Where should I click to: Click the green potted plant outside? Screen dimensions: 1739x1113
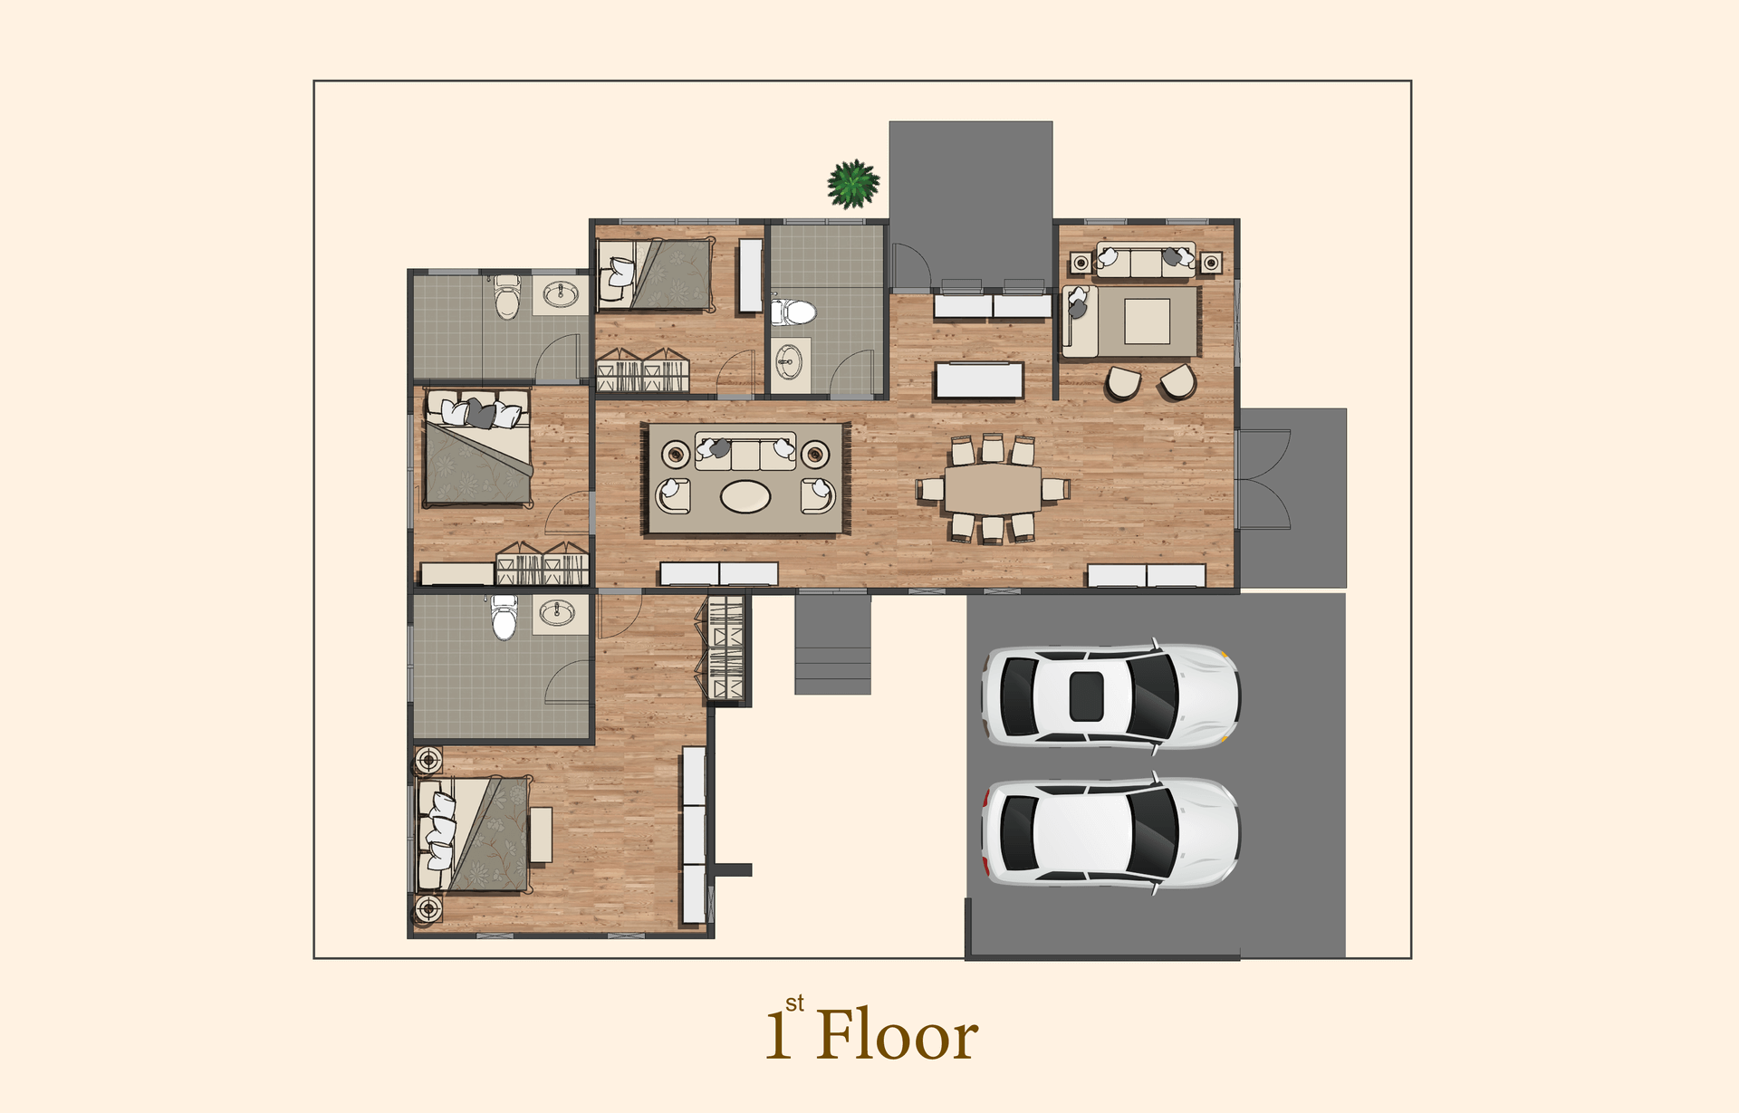tap(853, 184)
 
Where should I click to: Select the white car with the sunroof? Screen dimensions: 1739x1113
tap(1110, 696)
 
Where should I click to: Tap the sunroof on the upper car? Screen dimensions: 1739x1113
tap(1086, 696)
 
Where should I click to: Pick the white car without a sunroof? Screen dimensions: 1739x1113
tap(1110, 832)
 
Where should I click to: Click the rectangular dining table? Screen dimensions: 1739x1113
tap(993, 489)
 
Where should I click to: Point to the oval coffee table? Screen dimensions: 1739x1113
tap(745, 496)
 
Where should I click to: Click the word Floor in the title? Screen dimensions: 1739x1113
tap(897, 1034)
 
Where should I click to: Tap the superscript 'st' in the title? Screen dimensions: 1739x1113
tap(794, 1003)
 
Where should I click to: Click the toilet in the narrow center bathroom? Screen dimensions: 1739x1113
tap(793, 312)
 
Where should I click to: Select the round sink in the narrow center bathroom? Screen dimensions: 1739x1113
tap(788, 362)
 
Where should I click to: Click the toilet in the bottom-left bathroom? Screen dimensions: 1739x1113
tap(504, 618)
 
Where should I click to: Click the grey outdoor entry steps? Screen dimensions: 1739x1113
tap(832, 644)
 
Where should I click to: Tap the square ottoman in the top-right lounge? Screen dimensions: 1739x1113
tap(1148, 321)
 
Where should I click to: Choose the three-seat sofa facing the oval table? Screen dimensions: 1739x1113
tap(745, 450)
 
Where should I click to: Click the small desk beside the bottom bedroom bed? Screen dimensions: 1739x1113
tap(541, 834)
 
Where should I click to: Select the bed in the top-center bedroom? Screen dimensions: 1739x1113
tap(655, 274)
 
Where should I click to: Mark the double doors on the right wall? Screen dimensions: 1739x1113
tap(1263, 479)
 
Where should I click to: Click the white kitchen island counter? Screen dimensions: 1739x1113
tap(979, 380)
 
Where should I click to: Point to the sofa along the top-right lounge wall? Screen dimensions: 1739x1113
tap(1147, 260)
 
